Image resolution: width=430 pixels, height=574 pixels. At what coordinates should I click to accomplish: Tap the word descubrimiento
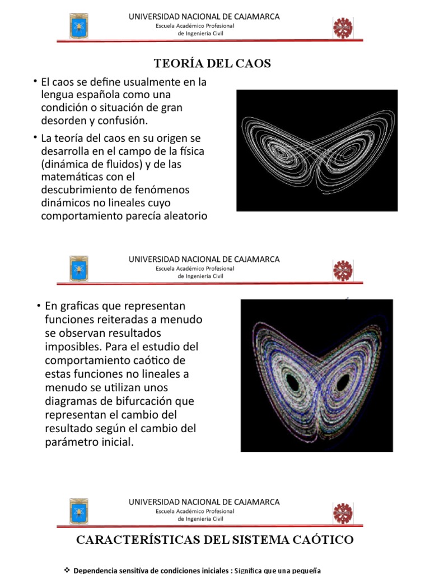tap(76, 189)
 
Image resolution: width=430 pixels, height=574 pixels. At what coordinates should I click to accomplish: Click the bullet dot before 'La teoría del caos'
tap(35, 137)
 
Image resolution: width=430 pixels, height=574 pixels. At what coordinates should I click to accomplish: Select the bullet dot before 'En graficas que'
tap(39, 305)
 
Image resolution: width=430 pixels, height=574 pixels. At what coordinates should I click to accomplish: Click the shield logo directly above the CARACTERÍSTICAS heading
tap(78, 512)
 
